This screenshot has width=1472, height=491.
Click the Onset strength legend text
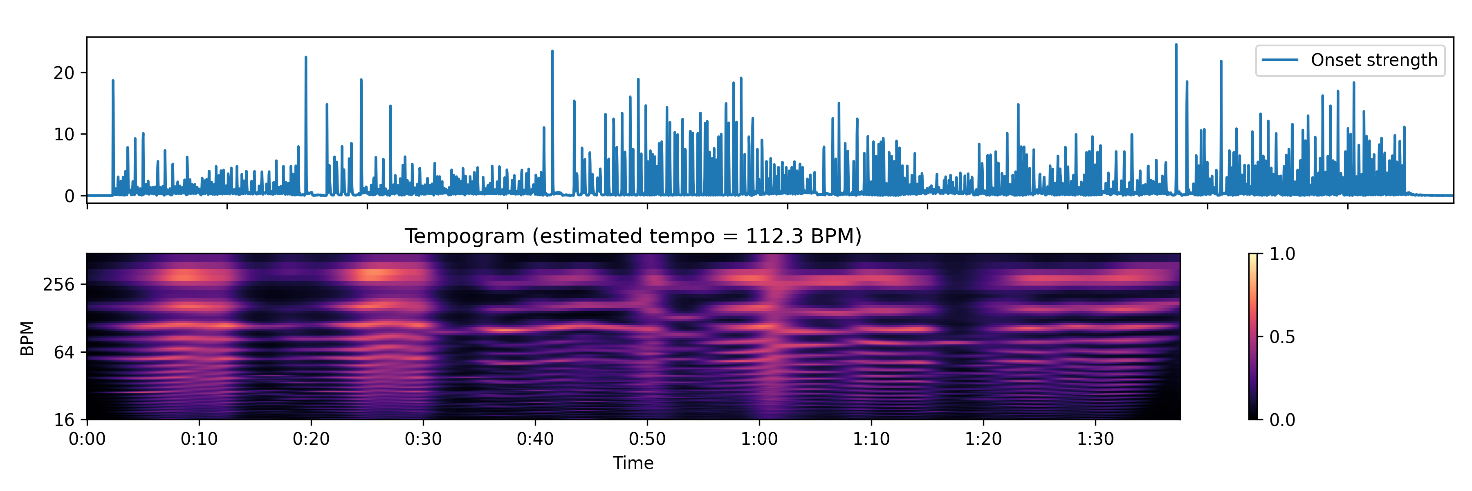[x=1374, y=60]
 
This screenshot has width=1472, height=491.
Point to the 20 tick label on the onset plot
[x=64, y=73]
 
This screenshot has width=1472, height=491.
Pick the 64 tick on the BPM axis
[x=65, y=352]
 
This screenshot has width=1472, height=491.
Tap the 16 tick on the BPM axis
[x=65, y=420]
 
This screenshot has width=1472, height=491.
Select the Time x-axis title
[x=633, y=463]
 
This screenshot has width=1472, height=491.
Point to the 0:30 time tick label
[x=424, y=439]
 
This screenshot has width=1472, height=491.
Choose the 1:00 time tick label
[x=759, y=439]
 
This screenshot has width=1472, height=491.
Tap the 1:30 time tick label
[x=1095, y=439]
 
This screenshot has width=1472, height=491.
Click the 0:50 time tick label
[x=647, y=439]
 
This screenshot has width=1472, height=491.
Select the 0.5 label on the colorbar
[x=1282, y=337]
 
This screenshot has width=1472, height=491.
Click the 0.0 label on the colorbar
[x=1282, y=420]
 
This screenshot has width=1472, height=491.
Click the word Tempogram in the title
[x=464, y=236]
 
